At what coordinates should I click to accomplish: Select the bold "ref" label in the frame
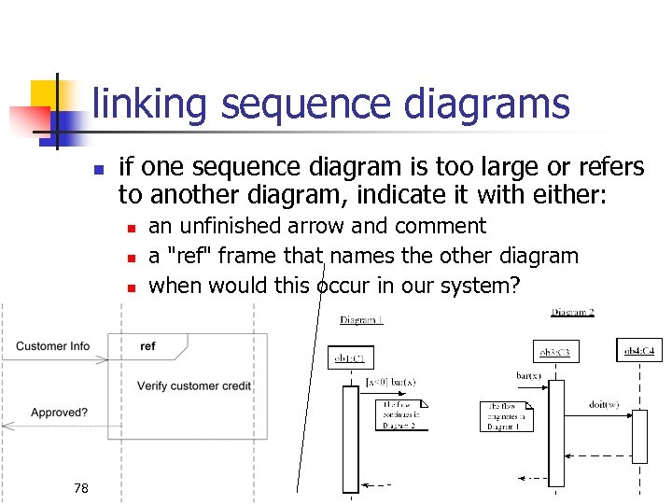[147, 346]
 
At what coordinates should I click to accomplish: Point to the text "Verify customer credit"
[194, 385]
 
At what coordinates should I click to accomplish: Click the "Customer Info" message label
[53, 346]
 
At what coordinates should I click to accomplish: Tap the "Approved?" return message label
[60, 412]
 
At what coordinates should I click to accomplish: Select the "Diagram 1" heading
[361, 320]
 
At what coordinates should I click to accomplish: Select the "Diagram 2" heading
[572, 314]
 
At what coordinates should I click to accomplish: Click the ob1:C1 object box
[352, 357]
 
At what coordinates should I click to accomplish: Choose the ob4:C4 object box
[641, 351]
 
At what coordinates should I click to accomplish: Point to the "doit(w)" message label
[604, 404]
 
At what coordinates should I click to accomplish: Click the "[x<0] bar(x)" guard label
[390, 382]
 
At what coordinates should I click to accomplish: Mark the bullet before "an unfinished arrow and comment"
[133, 227]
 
